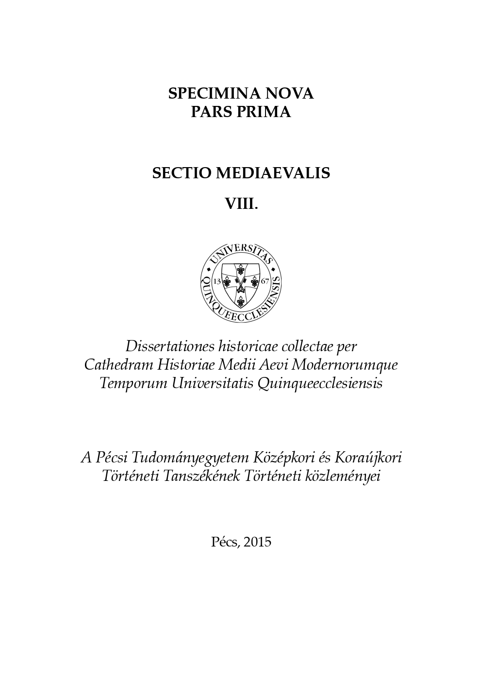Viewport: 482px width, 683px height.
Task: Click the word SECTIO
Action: coord(181,173)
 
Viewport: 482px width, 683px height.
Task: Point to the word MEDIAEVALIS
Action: coord(272,173)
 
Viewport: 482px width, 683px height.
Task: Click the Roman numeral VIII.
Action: coord(241,204)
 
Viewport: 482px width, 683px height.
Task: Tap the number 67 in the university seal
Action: coord(265,281)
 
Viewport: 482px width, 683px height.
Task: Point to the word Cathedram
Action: coord(112,364)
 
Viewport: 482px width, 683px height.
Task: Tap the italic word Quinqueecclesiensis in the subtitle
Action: coord(320,383)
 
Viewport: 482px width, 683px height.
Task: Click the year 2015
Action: coord(257,542)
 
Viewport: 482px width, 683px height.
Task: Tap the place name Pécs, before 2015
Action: coord(225,542)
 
